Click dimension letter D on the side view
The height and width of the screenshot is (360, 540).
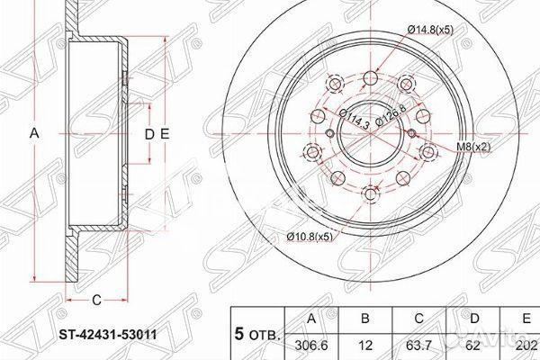(x=149, y=133)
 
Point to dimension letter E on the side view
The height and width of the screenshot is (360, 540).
(x=166, y=133)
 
